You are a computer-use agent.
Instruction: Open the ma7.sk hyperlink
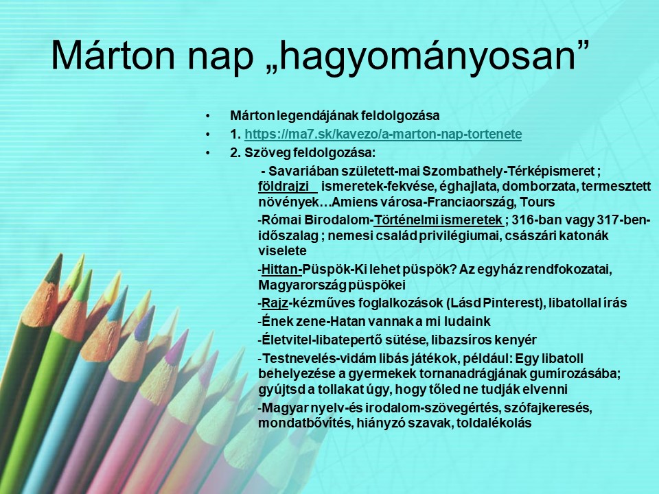[383, 134]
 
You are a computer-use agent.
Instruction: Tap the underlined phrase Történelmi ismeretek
[438, 220]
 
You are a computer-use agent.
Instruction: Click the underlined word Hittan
[280, 269]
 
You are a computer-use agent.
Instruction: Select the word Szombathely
[463, 172]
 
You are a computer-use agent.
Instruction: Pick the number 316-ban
[537, 220]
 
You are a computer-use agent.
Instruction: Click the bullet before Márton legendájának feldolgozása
[207, 116]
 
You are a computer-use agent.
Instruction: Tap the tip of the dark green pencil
[60, 255]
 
